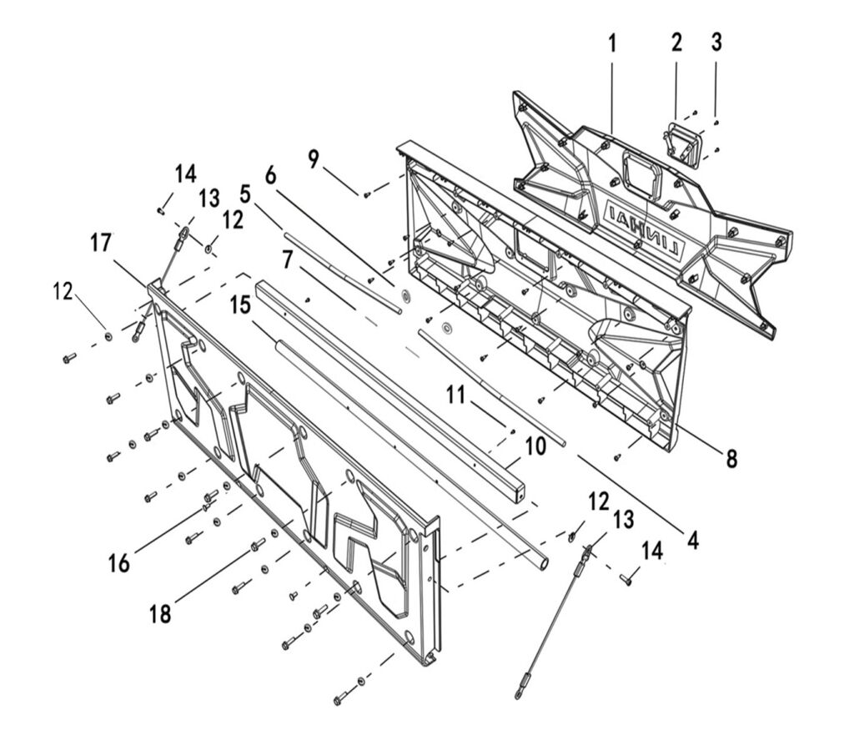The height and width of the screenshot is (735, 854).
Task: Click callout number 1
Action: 612,43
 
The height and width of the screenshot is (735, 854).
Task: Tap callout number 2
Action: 676,43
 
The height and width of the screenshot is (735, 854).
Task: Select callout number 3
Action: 716,43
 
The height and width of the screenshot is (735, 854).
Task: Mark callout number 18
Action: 159,613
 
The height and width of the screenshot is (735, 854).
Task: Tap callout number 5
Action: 244,194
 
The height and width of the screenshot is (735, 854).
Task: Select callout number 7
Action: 287,259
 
